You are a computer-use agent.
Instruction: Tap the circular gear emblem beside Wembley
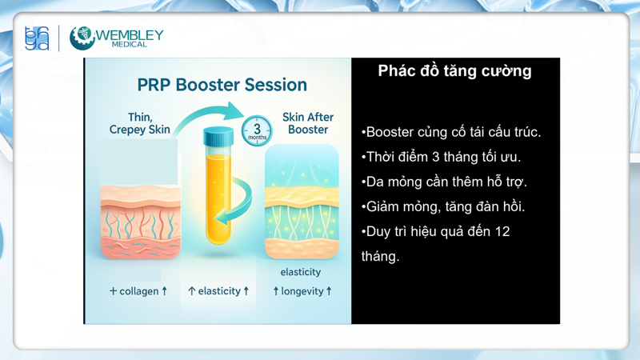point(82,38)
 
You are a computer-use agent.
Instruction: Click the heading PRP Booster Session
point(222,85)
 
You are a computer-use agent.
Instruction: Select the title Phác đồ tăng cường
point(454,71)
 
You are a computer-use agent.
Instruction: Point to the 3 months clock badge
point(257,131)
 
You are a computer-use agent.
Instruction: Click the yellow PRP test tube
point(218,192)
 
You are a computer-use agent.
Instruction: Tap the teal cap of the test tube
point(218,136)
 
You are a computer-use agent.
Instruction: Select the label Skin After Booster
point(308,123)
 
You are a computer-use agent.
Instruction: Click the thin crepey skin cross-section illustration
point(141,216)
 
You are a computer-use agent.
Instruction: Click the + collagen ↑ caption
point(138,291)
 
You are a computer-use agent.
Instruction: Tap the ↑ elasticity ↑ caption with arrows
point(218,291)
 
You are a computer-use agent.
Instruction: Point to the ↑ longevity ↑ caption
point(302,291)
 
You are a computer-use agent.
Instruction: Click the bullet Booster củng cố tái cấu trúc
point(451,132)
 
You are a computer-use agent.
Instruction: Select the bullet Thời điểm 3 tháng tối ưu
point(441,157)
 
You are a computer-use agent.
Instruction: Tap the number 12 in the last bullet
point(501,231)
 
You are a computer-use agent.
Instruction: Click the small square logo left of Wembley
point(37,38)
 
